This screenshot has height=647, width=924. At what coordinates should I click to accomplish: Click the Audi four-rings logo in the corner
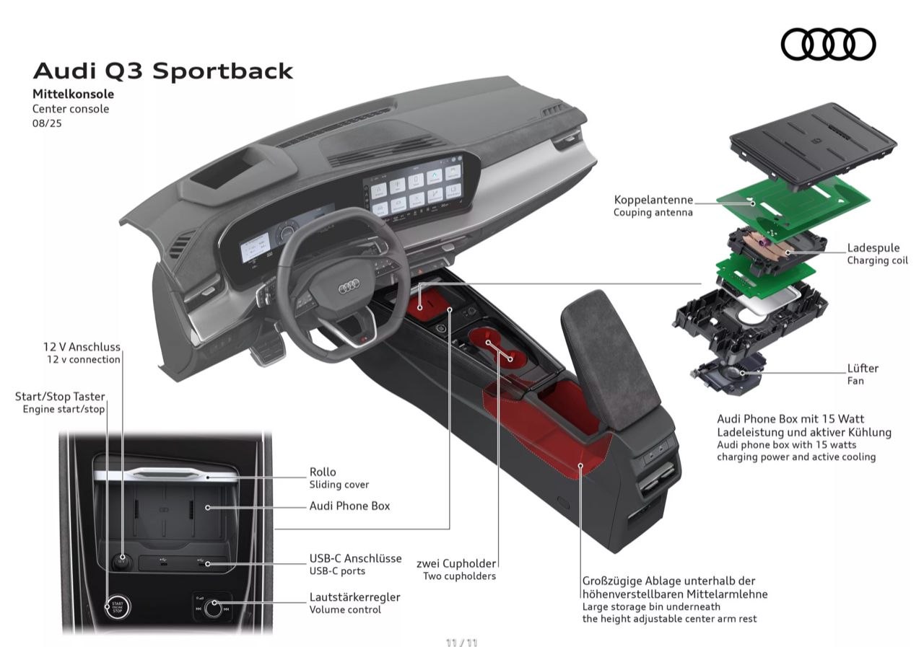pyautogui.click(x=828, y=44)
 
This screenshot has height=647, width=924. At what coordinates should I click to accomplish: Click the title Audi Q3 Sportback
pyautogui.click(x=163, y=71)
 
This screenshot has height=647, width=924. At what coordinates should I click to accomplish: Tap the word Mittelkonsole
pyautogui.click(x=73, y=94)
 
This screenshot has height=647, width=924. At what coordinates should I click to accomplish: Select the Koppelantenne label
pyautogui.click(x=653, y=200)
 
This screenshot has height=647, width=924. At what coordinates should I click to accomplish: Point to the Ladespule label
pyautogui.click(x=873, y=247)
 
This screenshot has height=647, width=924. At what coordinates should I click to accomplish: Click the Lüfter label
pyautogui.click(x=863, y=368)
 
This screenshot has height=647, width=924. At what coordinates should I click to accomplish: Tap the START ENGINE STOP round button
pyautogui.click(x=118, y=607)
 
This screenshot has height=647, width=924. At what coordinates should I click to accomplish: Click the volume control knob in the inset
pyautogui.click(x=213, y=608)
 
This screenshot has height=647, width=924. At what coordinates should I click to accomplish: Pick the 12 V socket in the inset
pyautogui.click(x=122, y=561)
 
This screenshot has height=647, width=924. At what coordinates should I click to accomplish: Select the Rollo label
pyautogui.click(x=323, y=472)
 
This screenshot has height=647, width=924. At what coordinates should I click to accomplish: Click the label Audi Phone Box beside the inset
pyautogui.click(x=349, y=506)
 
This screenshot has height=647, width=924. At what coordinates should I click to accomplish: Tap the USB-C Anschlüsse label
pyautogui.click(x=356, y=558)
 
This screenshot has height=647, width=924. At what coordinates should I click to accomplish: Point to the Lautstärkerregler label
pyautogui.click(x=354, y=597)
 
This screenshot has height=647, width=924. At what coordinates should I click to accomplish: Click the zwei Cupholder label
pyautogui.click(x=456, y=563)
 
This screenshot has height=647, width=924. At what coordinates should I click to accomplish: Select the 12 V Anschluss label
pyautogui.click(x=82, y=347)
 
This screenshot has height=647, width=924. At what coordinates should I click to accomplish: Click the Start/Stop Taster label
pyautogui.click(x=60, y=397)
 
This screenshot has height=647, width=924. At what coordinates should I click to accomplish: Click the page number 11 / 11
pyautogui.click(x=461, y=642)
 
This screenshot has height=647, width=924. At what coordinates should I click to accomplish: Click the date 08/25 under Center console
pyautogui.click(x=47, y=123)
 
